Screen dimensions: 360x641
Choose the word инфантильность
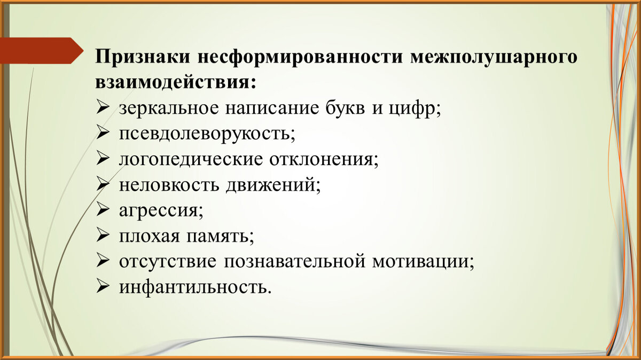tap(192, 287)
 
